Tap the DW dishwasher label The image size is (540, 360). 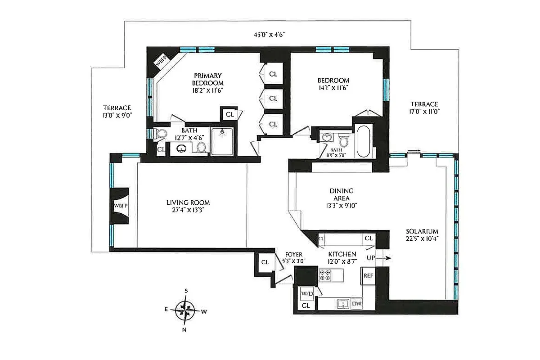(356, 304)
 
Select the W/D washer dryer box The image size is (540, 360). (306, 293)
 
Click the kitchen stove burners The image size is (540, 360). (325, 275)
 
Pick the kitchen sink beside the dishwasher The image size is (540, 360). (342, 304)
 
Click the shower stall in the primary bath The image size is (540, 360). (222, 142)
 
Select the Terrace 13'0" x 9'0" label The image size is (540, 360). (117, 111)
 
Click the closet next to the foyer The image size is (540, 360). (265, 262)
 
